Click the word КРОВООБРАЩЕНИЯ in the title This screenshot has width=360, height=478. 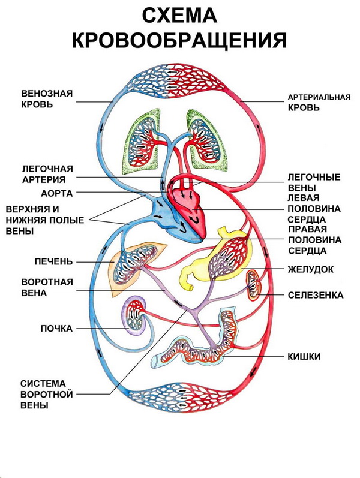pos(180,40)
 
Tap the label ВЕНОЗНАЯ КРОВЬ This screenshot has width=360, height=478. pos(46,99)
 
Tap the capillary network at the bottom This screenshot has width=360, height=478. pos(180,399)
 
